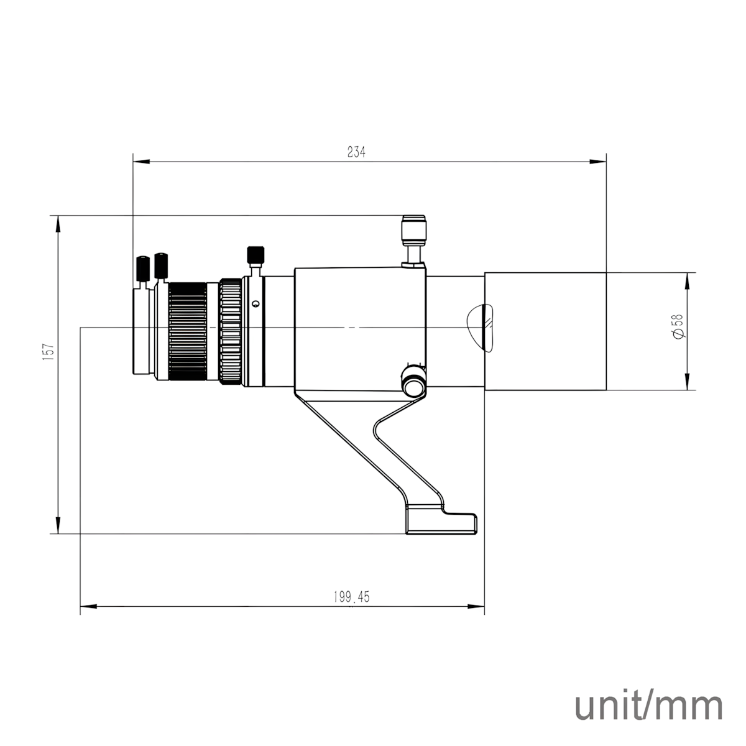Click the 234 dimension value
click(x=356, y=152)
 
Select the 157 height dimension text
click(x=48, y=351)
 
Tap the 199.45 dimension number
click(x=351, y=597)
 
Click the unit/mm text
click(x=649, y=706)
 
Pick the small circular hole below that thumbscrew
click(x=254, y=304)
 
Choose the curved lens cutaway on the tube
click(x=480, y=327)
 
